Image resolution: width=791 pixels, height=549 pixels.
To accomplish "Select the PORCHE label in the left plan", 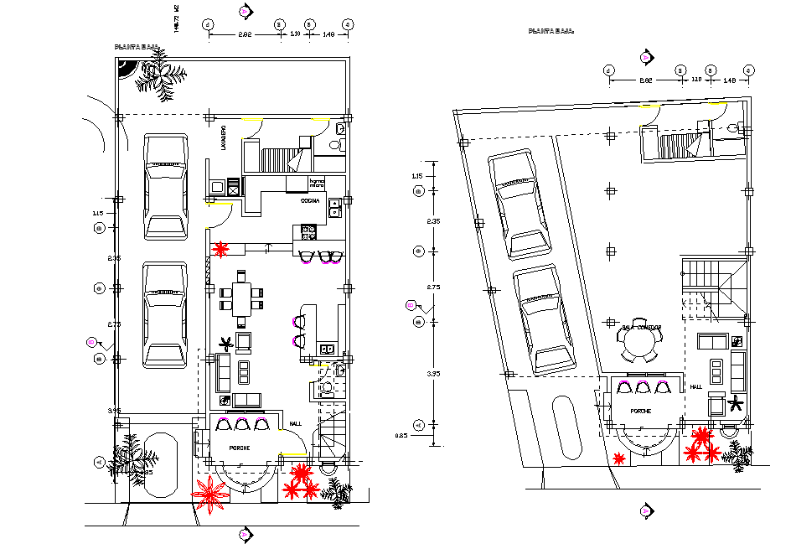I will pos(240,448).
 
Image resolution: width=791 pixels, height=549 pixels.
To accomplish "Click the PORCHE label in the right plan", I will pos(640,412).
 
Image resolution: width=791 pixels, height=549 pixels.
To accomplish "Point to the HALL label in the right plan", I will pos(695,387).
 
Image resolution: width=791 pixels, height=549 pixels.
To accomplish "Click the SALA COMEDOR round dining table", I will pos(638,341).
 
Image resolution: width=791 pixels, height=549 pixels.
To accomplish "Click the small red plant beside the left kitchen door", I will pos(221,249).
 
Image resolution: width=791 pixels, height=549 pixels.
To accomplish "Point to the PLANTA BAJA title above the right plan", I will pos(551,31).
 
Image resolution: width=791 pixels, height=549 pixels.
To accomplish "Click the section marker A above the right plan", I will pos(645,57).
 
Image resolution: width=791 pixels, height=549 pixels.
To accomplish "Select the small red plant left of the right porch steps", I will pos(619,458).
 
